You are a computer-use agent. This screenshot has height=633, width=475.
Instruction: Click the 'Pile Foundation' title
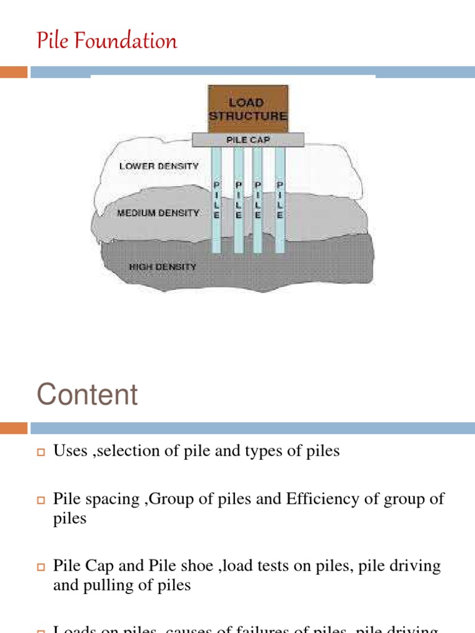[x=107, y=41]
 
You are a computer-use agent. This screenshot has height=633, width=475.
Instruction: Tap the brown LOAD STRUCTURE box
[x=247, y=109]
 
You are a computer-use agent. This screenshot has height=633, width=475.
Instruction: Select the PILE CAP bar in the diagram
[x=248, y=140]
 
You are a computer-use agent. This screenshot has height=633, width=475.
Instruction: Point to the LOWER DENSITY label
[x=159, y=166]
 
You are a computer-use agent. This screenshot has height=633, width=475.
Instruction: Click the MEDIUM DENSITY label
[x=158, y=213]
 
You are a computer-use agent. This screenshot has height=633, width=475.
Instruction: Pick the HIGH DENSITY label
[x=162, y=267]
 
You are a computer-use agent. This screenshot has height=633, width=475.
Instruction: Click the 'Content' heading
[x=87, y=394]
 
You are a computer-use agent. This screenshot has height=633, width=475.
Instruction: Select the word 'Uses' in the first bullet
[x=70, y=451]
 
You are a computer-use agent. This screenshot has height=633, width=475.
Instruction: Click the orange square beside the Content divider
[x=14, y=428]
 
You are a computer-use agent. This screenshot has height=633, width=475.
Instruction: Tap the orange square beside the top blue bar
[x=14, y=72]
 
